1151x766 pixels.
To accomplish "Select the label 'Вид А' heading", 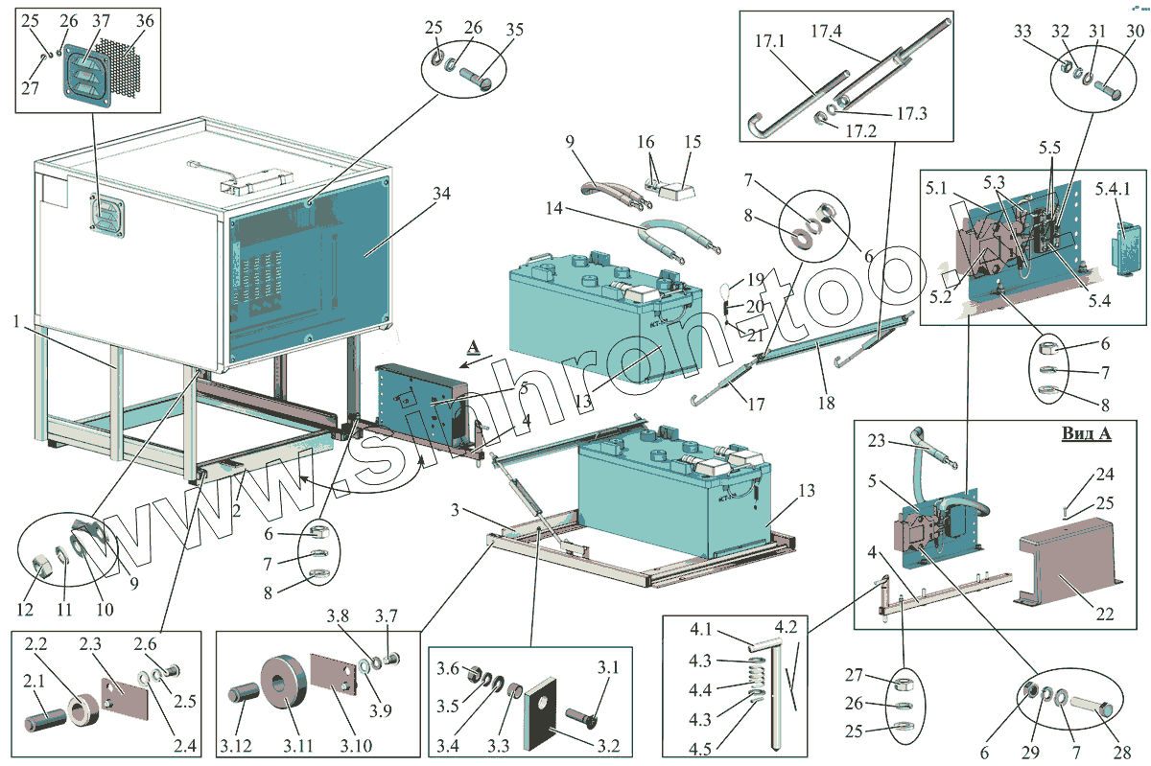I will [x=1086, y=433].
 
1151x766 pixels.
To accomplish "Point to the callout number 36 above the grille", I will [x=145, y=21].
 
